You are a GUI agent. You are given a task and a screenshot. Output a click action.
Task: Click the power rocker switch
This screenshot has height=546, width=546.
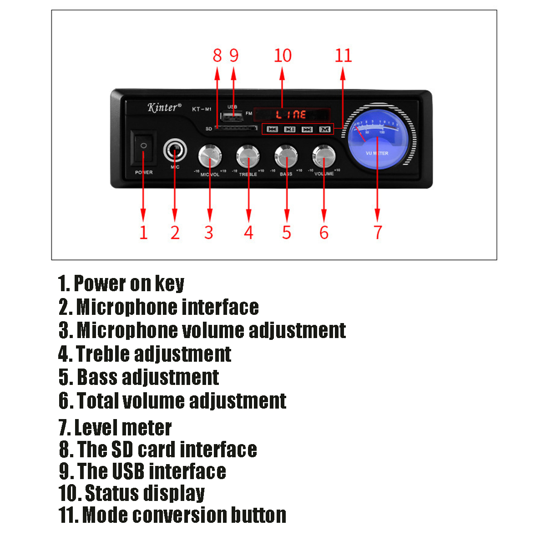coord(143,148)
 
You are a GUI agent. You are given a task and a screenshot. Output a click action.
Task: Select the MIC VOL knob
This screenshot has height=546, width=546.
coord(210,156)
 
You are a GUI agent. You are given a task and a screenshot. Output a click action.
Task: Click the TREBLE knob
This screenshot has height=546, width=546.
coord(248,156)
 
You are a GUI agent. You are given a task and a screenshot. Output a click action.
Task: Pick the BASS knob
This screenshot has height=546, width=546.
coord(286,156)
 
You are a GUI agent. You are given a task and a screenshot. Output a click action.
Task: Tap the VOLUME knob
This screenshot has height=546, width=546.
coord(324,156)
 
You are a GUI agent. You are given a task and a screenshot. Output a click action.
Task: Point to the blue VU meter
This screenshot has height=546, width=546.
coord(377,140)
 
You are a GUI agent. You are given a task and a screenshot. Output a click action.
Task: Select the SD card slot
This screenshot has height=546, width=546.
coord(235,128)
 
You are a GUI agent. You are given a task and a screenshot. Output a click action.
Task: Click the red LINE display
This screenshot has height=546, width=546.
coord(291,114)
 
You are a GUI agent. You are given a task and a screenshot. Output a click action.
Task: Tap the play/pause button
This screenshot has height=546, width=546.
coord(289,129)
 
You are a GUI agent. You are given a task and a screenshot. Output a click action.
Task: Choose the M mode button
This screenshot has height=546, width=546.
coord(324,129)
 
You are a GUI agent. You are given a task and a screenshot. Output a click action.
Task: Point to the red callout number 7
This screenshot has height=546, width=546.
coord(378,232)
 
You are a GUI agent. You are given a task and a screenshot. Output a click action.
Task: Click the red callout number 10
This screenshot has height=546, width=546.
coord(283,56)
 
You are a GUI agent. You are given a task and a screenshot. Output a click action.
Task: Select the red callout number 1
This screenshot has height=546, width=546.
coord(143,232)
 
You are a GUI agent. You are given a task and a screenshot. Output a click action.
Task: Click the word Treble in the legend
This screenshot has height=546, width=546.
coord(103,354)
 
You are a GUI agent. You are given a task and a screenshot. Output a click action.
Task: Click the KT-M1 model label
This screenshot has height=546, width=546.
coord(202,109)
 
